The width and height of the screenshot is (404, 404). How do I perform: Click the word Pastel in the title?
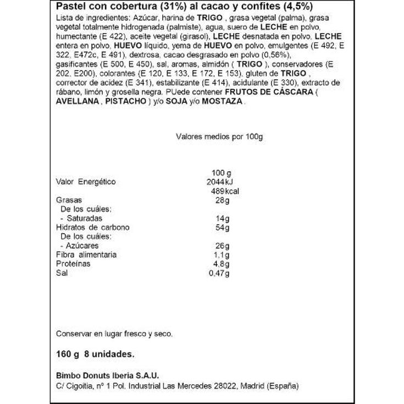(x=70, y=7)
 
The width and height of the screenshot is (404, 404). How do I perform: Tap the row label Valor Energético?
(x=87, y=182)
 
